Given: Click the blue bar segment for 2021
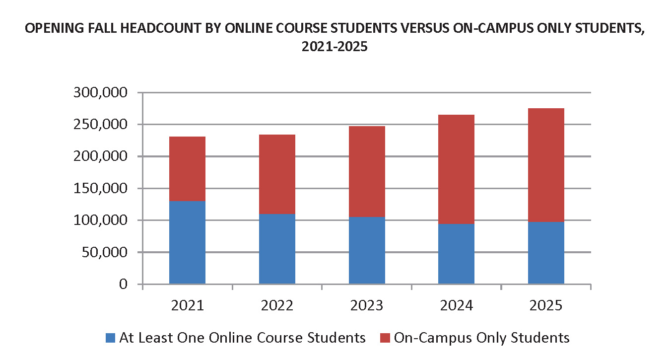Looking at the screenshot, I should coord(187,242).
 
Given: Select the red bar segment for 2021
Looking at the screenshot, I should coord(187,169).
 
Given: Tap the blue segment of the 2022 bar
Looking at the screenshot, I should coord(277,249).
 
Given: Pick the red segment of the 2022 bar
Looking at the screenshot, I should coord(277,174).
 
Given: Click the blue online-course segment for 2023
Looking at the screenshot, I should coord(367,250).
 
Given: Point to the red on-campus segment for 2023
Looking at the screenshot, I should coord(367,171).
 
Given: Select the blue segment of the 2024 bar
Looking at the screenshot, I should coord(456,254).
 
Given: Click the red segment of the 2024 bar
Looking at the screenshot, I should coord(456,169).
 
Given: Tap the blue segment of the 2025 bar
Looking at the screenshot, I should coord(546,253).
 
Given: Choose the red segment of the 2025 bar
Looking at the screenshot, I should coord(546,165).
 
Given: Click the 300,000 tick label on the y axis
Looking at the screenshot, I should coord(100,93).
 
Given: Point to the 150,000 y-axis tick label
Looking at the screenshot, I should coord(100,189).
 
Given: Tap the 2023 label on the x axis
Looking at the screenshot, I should coord(367,305).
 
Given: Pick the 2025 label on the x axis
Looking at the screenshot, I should coord(546,305).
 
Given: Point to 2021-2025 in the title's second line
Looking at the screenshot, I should coord(335,48).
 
